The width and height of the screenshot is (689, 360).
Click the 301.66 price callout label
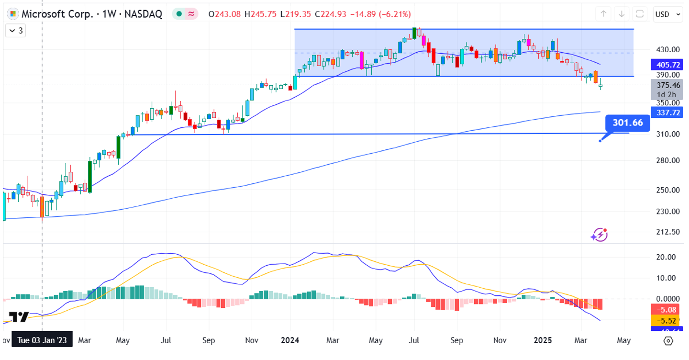628,123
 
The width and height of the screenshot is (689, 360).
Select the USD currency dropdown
668,14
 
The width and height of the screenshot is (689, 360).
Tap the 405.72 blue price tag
668,65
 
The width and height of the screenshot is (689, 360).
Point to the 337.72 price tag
668,112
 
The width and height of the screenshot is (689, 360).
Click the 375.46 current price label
668,85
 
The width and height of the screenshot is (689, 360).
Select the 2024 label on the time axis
290,340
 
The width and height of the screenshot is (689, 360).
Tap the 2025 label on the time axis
543,340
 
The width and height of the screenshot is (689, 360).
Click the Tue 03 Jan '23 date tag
42,340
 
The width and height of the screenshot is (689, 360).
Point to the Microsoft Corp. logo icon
13,14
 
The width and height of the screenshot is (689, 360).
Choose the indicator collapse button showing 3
16,31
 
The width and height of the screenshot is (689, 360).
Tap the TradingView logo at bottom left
19,317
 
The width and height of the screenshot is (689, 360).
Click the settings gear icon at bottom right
668,340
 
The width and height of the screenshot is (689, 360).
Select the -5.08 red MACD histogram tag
668,309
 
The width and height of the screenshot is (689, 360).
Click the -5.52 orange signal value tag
668,320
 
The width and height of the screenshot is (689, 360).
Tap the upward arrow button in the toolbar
604,14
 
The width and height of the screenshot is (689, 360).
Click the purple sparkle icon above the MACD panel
599,235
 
